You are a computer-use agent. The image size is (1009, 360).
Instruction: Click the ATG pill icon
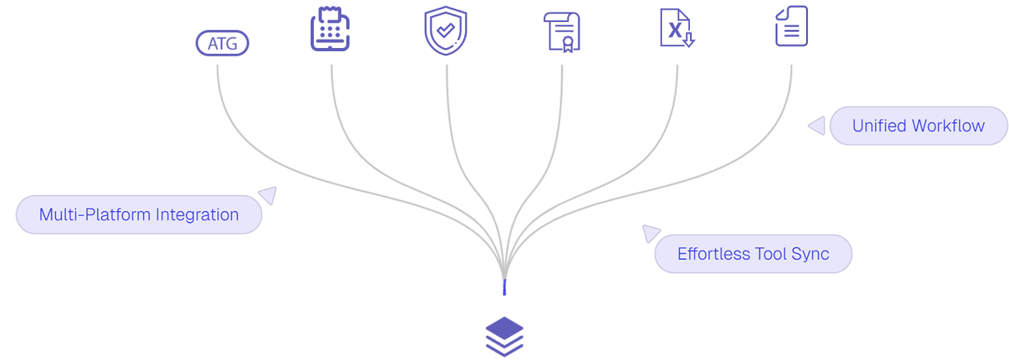tap(222, 44)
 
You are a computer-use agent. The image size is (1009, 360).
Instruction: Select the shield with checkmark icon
tap(445, 30)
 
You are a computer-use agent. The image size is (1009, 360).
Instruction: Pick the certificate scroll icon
tap(562, 32)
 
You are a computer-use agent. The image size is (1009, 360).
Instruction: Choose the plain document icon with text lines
tap(792, 26)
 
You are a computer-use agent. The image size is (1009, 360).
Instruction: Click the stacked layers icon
tap(505, 337)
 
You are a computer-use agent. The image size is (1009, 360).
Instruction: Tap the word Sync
tap(811, 254)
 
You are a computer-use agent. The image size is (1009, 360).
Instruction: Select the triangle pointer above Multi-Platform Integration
tap(268, 195)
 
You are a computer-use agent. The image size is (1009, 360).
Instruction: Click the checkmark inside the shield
tap(445, 30)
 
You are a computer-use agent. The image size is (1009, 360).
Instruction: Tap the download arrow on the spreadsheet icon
tap(688, 40)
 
